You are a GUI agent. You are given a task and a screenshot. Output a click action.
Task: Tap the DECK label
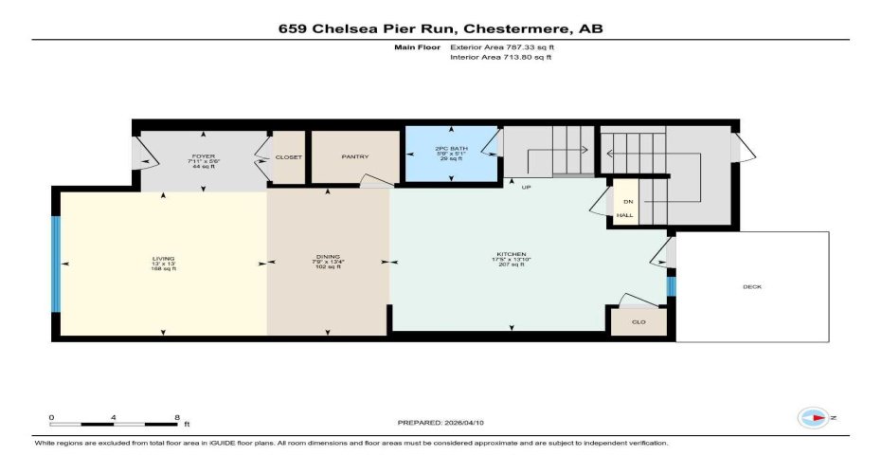752,287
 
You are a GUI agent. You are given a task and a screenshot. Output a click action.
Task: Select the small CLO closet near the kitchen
638,322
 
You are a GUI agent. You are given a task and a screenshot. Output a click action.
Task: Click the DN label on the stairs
626,202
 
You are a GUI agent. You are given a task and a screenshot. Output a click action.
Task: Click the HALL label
625,216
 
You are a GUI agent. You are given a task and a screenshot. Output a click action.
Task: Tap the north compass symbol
814,417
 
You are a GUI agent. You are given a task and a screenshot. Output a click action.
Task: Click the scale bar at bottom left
114,424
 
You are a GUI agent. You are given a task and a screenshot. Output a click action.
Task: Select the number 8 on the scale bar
177,415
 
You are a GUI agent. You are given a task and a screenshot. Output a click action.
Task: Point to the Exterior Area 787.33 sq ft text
501,46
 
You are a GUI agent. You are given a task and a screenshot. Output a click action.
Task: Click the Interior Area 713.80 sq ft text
500,57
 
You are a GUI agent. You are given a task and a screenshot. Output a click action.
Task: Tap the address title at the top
440,28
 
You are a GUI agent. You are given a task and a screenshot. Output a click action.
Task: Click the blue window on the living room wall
55,264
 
